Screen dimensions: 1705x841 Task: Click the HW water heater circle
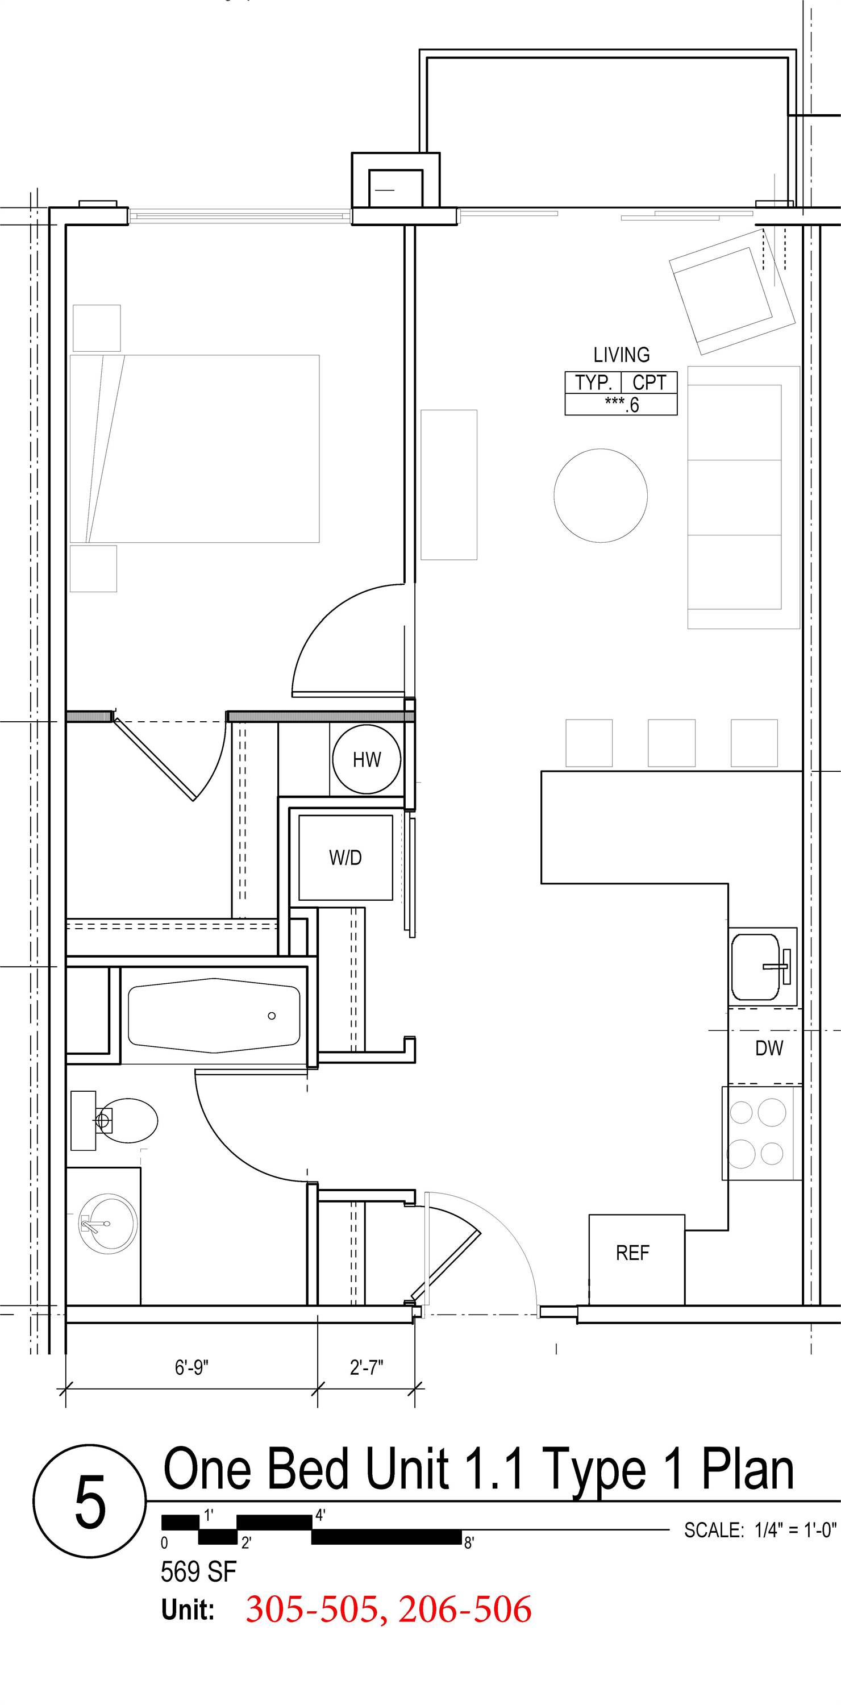[x=367, y=759]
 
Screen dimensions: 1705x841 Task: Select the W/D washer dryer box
[x=345, y=858]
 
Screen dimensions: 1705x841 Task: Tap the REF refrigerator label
[x=632, y=1253]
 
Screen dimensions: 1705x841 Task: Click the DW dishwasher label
[x=769, y=1048]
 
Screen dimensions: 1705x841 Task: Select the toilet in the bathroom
[x=122, y=1120]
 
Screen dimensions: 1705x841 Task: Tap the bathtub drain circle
[x=271, y=1015]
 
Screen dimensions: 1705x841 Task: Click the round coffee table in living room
[x=600, y=496]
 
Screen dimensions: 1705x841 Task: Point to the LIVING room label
[x=621, y=355]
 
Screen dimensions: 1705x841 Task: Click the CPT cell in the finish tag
[x=649, y=382]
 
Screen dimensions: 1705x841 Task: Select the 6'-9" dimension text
[x=192, y=1367]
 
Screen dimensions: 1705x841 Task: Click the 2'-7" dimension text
[x=367, y=1367]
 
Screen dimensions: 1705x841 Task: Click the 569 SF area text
[x=198, y=1572]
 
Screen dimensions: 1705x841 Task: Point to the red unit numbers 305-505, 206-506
[x=389, y=1609]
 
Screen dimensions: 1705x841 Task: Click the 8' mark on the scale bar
[x=468, y=1542]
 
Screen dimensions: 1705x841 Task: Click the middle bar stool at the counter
[x=671, y=743]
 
